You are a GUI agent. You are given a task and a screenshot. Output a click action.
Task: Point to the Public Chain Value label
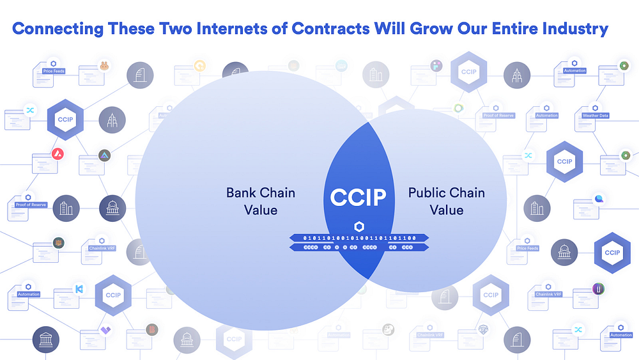446,201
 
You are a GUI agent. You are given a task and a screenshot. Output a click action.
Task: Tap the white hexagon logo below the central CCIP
358,226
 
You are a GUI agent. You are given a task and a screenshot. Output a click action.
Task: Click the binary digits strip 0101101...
359,238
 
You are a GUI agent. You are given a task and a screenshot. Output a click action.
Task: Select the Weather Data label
596,116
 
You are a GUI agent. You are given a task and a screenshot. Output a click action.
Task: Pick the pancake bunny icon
103,65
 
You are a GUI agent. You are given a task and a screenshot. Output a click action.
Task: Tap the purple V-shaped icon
105,331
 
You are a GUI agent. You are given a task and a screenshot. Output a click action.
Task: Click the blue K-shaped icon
79,288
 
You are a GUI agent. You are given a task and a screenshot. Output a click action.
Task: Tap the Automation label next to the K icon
29,294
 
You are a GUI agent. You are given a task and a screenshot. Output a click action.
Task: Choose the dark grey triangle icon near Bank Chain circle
104,155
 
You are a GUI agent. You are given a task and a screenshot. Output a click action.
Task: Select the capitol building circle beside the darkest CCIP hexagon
564,253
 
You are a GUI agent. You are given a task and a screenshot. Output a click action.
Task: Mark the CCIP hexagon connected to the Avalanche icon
65,120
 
